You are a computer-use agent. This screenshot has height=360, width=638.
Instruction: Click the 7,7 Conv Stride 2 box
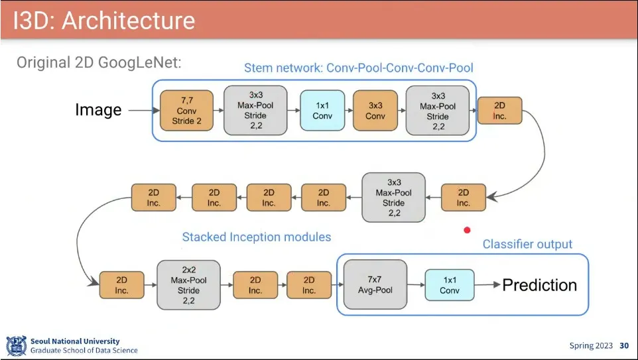[186, 111]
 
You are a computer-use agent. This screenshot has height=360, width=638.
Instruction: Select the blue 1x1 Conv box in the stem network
[322, 111]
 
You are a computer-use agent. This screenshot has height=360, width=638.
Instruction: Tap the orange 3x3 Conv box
[375, 111]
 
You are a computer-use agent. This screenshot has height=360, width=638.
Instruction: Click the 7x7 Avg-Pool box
[375, 284]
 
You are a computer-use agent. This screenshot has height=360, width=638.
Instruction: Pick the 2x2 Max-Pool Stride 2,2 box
[188, 285]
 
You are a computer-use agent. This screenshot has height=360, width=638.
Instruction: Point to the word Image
[98, 110]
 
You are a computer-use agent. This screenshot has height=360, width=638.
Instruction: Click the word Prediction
[539, 285]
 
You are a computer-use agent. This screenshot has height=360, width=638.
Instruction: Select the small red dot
[467, 230]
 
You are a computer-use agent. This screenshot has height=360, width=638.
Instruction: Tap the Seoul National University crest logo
[16, 345]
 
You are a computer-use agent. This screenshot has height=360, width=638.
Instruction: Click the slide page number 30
[623, 345]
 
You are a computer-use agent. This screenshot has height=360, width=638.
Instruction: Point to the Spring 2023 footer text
[591, 345]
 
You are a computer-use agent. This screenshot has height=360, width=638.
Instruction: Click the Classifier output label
[527, 244]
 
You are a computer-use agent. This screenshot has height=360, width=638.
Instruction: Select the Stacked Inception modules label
[257, 237]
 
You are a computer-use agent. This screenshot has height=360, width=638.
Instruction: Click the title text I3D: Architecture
[104, 20]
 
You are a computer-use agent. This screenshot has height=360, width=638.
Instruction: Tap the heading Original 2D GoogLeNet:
[99, 63]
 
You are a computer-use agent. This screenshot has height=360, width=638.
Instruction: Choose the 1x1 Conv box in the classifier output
[449, 285]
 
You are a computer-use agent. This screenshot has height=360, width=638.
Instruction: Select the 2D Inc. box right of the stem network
[499, 111]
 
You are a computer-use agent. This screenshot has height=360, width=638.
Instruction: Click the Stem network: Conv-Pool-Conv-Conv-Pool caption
[358, 68]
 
